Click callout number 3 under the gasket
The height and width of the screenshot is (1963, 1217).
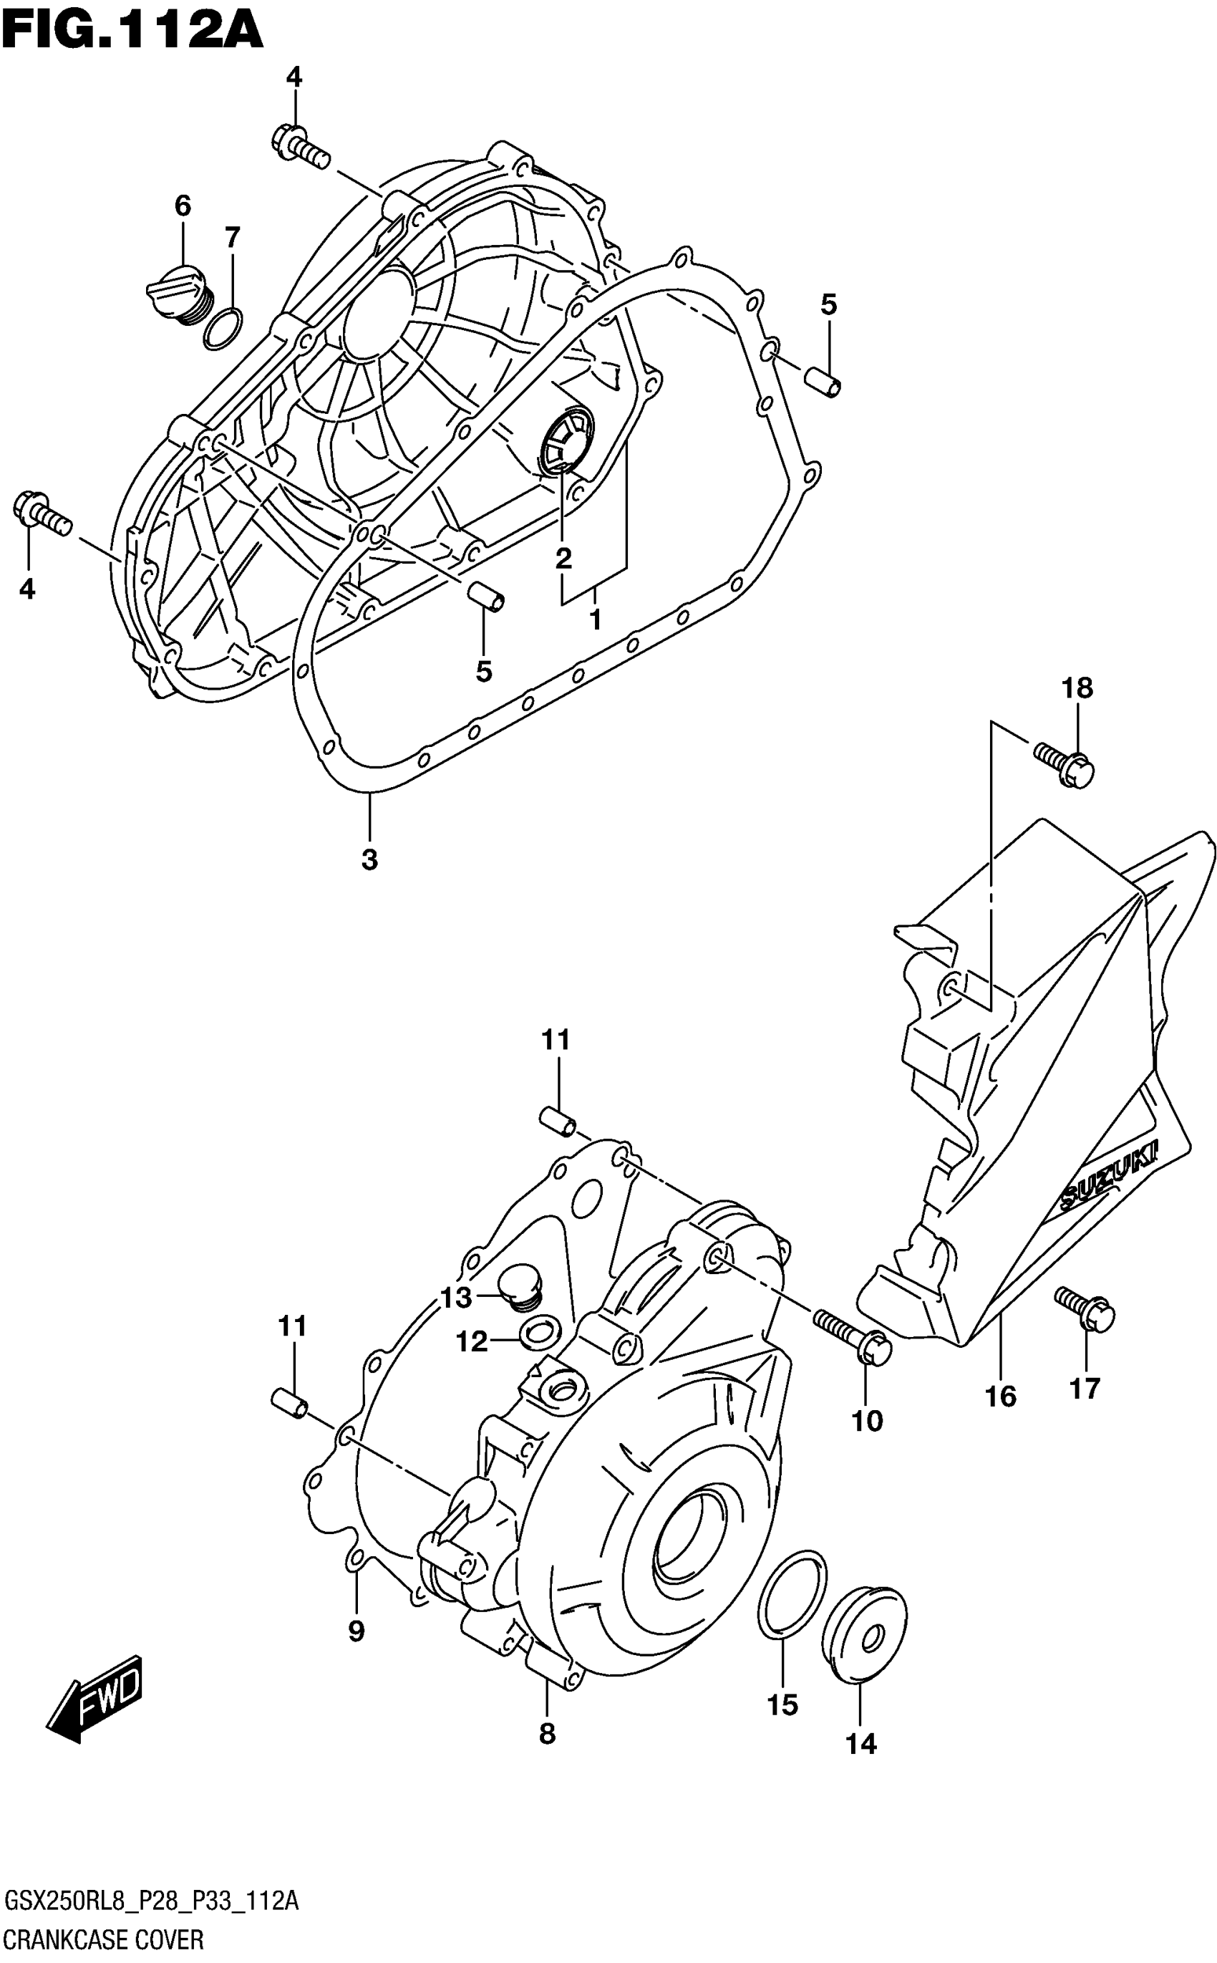pyautogui.click(x=369, y=860)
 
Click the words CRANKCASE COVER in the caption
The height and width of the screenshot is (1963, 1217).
pyautogui.click(x=103, y=1939)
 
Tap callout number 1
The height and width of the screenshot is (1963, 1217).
pyautogui.click(x=595, y=620)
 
